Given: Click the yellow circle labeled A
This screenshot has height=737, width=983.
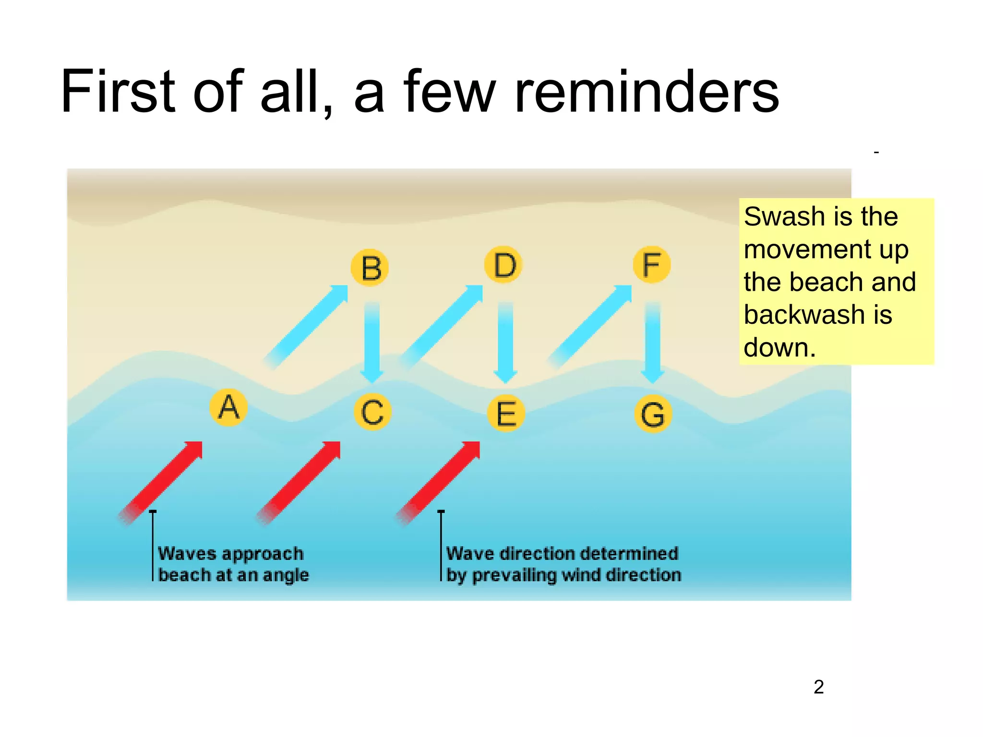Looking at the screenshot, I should (x=229, y=408).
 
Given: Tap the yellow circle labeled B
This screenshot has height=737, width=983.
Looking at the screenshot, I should (x=370, y=268).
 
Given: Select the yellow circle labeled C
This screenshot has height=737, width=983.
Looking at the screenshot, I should (x=372, y=412).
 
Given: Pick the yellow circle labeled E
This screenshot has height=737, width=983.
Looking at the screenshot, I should (x=506, y=414).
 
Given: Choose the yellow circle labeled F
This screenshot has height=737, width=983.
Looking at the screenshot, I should (x=651, y=265).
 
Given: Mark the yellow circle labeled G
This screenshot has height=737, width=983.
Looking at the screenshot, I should (x=653, y=415).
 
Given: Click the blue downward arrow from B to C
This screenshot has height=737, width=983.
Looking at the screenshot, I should (x=372, y=341).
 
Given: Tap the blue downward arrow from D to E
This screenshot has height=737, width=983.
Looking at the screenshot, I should (x=505, y=341).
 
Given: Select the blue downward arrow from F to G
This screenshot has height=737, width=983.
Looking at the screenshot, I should (x=652, y=341).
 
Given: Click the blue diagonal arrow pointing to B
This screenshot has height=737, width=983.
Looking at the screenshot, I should (x=307, y=326).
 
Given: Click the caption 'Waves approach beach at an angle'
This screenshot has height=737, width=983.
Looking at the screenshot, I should (x=233, y=564).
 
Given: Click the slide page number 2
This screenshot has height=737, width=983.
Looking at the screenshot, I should (x=819, y=687).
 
